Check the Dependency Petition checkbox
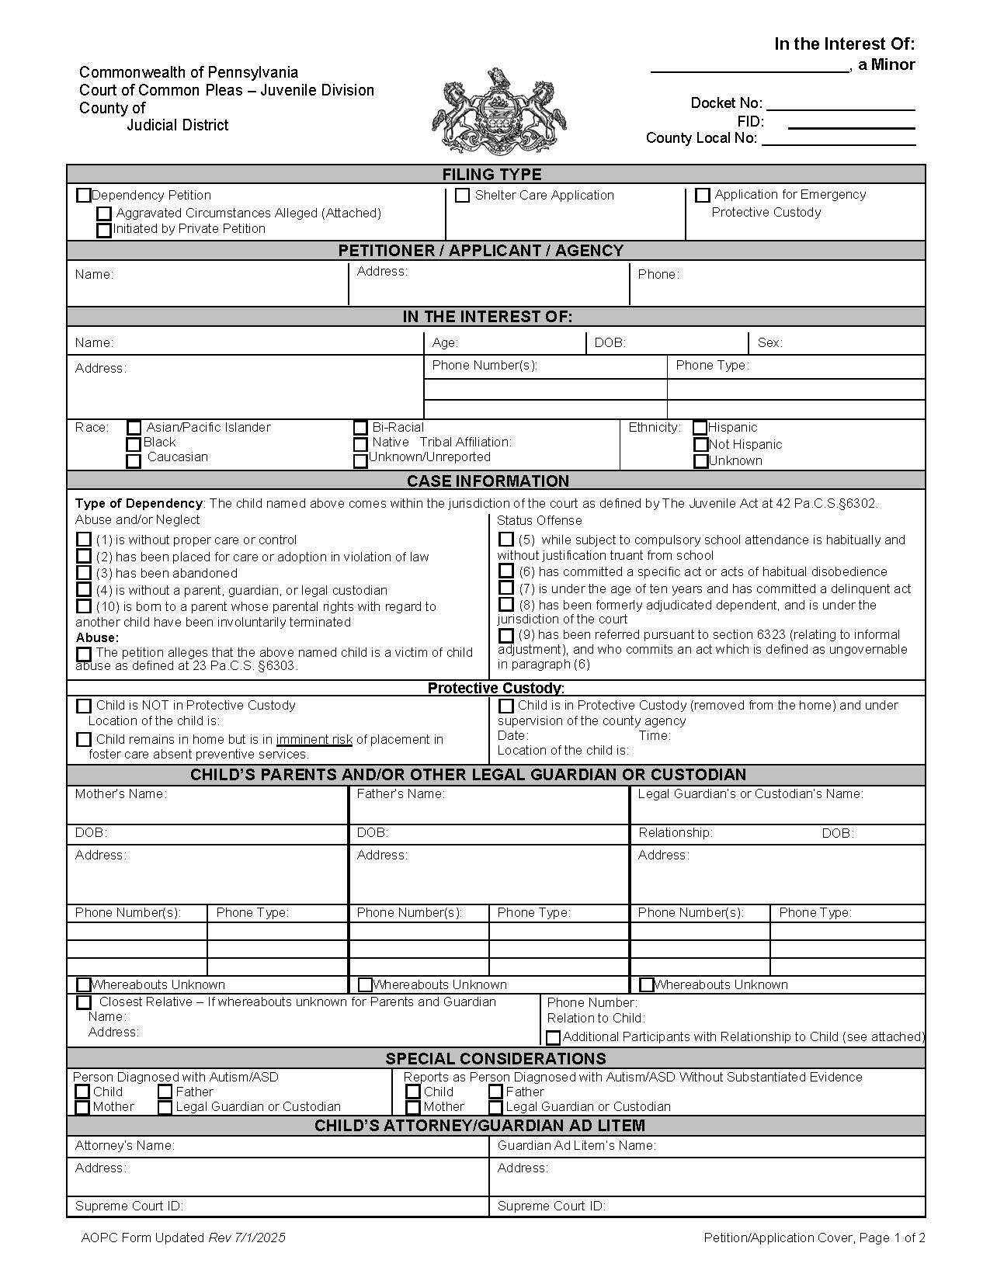pyautogui.click(x=84, y=196)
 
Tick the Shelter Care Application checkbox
pyautogui.click(x=463, y=196)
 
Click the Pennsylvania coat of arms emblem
pyautogui.click(x=499, y=112)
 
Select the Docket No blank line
pyautogui.click(x=840, y=105)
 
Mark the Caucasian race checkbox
pyautogui.click(x=134, y=460)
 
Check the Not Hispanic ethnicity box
pyautogui.click(x=701, y=445)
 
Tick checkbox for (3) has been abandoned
pyautogui.click(x=84, y=573)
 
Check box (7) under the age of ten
pyautogui.click(x=506, y=588)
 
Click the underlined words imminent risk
pyautogui.click(x=314, y=740)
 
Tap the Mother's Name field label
pyautogui.click(x=120, y=794)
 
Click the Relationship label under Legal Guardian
pyautogui.click(x=675, y=833)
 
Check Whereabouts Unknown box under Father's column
pyautogui.click(x=365, y=984)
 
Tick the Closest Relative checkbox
pyautogui.click(x=84, y=1002)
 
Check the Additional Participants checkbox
pyautogui.click(x=554, y=1037)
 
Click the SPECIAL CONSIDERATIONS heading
pyautogui.click(x=495, y=1059)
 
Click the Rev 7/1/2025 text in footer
pyautogui.click(x=247, y=1238)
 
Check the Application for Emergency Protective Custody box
pyautogui.click(x=703, y=196)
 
